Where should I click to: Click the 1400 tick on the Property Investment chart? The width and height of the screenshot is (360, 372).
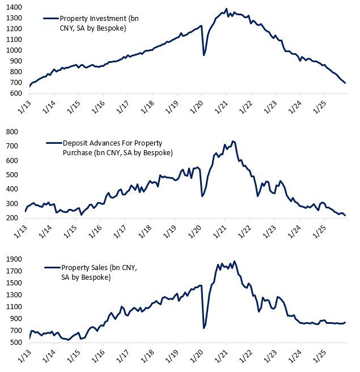point(14,7)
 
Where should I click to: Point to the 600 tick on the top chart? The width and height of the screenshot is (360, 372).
point(16,93)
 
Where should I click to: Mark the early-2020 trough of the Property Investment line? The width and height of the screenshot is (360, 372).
point(204,55)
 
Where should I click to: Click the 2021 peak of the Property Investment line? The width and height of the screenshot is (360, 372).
point(226,9)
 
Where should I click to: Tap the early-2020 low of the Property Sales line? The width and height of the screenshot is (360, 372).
point(204,328)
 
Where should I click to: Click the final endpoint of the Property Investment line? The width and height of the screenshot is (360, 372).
point(345,83)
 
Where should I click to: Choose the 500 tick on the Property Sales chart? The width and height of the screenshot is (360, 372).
point(16,343)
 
